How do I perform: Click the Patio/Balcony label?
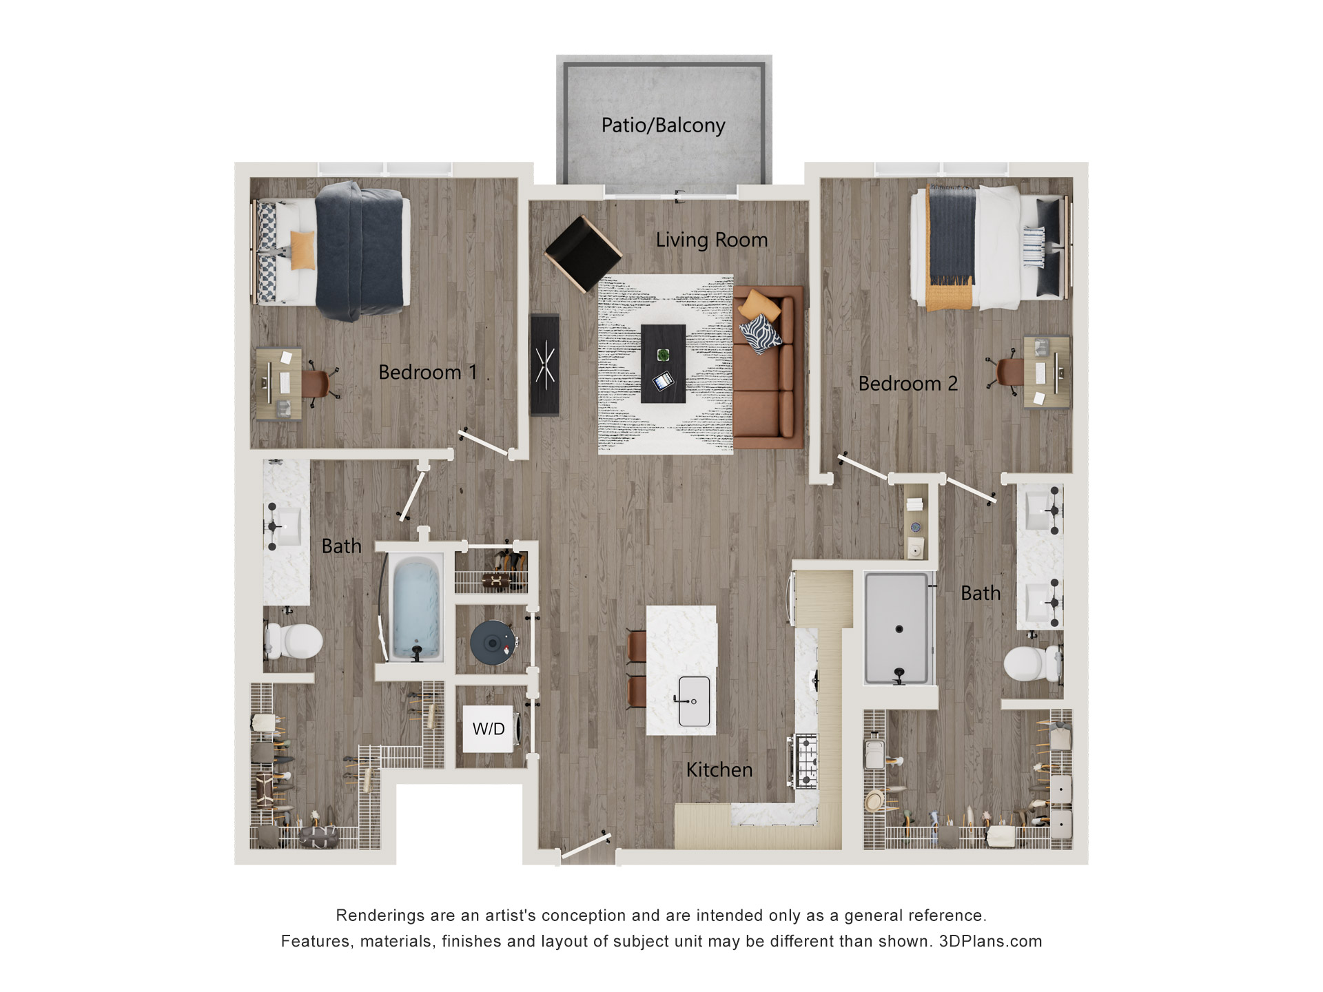[663, 125]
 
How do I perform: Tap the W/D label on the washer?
[489, 729]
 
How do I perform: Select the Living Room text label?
[711, 240]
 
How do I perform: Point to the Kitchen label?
[719, 769]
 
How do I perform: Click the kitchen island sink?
[694, 701]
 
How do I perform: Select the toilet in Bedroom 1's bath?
[295, 641]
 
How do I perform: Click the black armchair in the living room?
[583, 253]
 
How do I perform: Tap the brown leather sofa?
[768, 368]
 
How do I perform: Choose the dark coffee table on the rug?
[663, 364]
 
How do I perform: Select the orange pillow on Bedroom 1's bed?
[302, 249]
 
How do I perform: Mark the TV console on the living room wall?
[544, 364]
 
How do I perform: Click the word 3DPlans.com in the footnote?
[990, 942]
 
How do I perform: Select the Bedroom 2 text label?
[907, 384]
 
